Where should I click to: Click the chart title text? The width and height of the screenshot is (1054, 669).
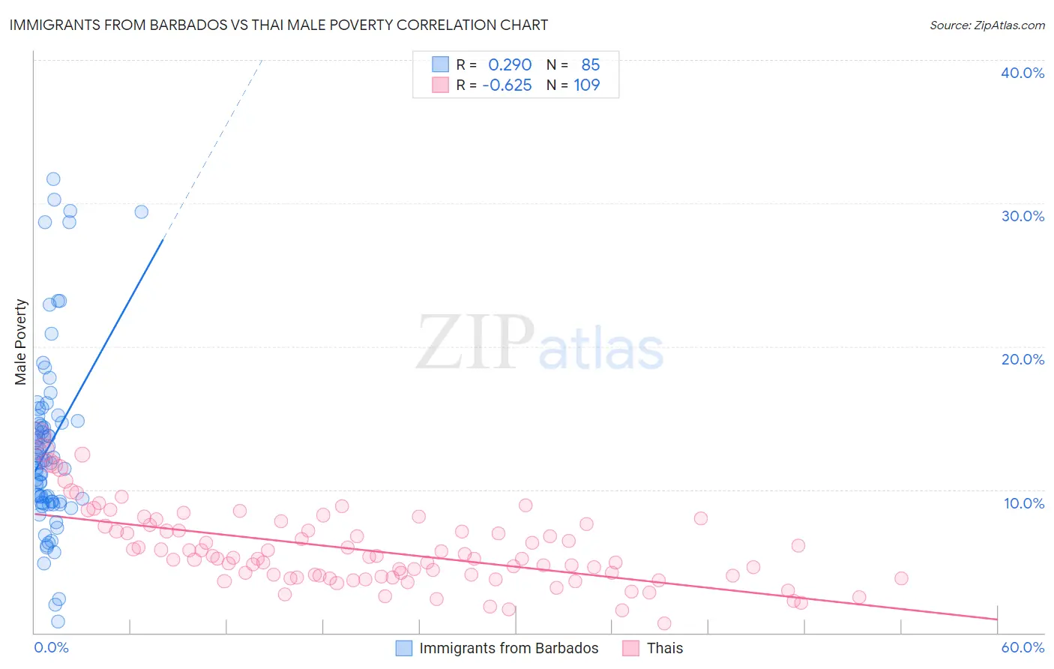pos(277,25)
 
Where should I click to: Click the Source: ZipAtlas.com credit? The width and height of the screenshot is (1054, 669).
pos(987,25)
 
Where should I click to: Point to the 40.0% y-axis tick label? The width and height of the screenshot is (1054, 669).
pos(1023,73)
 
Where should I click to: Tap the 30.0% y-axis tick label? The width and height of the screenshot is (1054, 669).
pos(1023,216)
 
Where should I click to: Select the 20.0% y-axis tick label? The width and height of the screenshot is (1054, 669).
pos(1023,359)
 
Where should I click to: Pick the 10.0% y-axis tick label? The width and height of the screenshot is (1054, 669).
pos(1023,503)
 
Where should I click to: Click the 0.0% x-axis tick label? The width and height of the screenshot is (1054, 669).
pos(51,647)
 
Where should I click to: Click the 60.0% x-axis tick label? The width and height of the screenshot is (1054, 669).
pos(1023,647)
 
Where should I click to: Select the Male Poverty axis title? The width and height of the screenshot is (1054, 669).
pos(20,342)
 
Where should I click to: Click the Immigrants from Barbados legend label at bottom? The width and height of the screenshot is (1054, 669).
pos(508,648)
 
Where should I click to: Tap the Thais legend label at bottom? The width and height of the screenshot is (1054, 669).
pos(665,648)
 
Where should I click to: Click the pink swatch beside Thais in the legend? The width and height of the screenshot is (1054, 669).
pos(630,648)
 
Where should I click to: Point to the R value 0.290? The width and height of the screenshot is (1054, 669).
pos(510,65)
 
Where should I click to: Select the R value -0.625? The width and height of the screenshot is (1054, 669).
pos(507,85)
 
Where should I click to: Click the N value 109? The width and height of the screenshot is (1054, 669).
pos(587,85)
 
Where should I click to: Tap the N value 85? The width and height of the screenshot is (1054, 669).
pos(591,65)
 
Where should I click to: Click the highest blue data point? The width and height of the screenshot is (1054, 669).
pos(53,179)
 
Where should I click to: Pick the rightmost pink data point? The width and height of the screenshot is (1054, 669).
pos(901,578)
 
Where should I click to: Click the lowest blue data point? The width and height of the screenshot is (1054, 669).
pos(58,622)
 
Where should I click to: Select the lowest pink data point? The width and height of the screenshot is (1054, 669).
pos(663,623)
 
